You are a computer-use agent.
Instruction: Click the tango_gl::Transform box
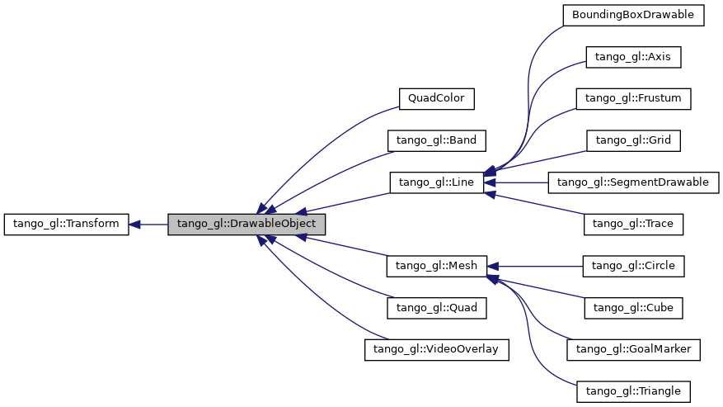[66, 224]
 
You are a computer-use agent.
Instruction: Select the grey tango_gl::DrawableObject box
[246, 224]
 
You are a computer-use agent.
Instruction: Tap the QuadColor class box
[436, 98]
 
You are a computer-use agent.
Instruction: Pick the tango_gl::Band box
[436, 140]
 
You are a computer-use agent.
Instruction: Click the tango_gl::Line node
[436, 182]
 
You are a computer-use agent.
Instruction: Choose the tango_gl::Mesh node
[436, 266]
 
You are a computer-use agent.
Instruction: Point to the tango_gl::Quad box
[436, 307]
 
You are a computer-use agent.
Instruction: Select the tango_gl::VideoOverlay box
[436, 349]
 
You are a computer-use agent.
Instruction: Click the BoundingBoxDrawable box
[633, 15]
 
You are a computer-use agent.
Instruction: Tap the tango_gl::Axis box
[633, 57]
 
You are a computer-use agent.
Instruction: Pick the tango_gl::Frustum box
[633, 98]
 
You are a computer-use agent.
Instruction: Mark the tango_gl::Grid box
[633, 140]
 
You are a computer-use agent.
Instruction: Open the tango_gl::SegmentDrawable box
[633, 182]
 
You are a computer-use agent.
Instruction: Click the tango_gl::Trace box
[633, 224]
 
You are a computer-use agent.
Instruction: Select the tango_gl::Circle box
[633, 266]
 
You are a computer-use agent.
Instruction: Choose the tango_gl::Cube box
[633, 307]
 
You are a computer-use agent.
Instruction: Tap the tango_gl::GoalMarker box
[633, 349]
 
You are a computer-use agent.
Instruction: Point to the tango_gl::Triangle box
[633, 390]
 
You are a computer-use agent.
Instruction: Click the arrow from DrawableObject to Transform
[148, 224]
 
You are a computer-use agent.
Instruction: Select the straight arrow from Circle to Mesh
[536, 266]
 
